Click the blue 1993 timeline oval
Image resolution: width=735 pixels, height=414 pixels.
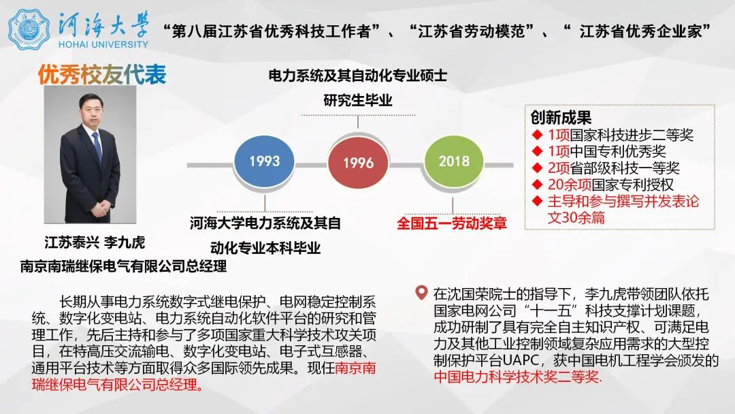pos(265,161)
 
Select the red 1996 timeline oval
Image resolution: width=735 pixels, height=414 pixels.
pos(359,163)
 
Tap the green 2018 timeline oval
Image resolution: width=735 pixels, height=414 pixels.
pos(454,161)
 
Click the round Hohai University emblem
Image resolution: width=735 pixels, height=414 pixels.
pos(29,29)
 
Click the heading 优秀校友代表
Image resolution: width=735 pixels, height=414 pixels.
pos(102,74)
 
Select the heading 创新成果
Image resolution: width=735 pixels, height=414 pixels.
pos(561,118)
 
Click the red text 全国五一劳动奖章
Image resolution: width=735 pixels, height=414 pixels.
pos(452,223)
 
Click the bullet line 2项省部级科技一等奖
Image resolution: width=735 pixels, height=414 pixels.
pos(614,168)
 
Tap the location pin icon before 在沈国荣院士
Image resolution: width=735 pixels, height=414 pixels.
pos(422,293)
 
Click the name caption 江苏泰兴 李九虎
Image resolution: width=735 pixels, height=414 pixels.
pos(95,242)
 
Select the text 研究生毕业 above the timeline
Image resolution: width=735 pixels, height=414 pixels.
pos(358,101)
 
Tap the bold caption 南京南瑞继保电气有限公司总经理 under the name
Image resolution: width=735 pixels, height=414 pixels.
pos(124,266)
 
